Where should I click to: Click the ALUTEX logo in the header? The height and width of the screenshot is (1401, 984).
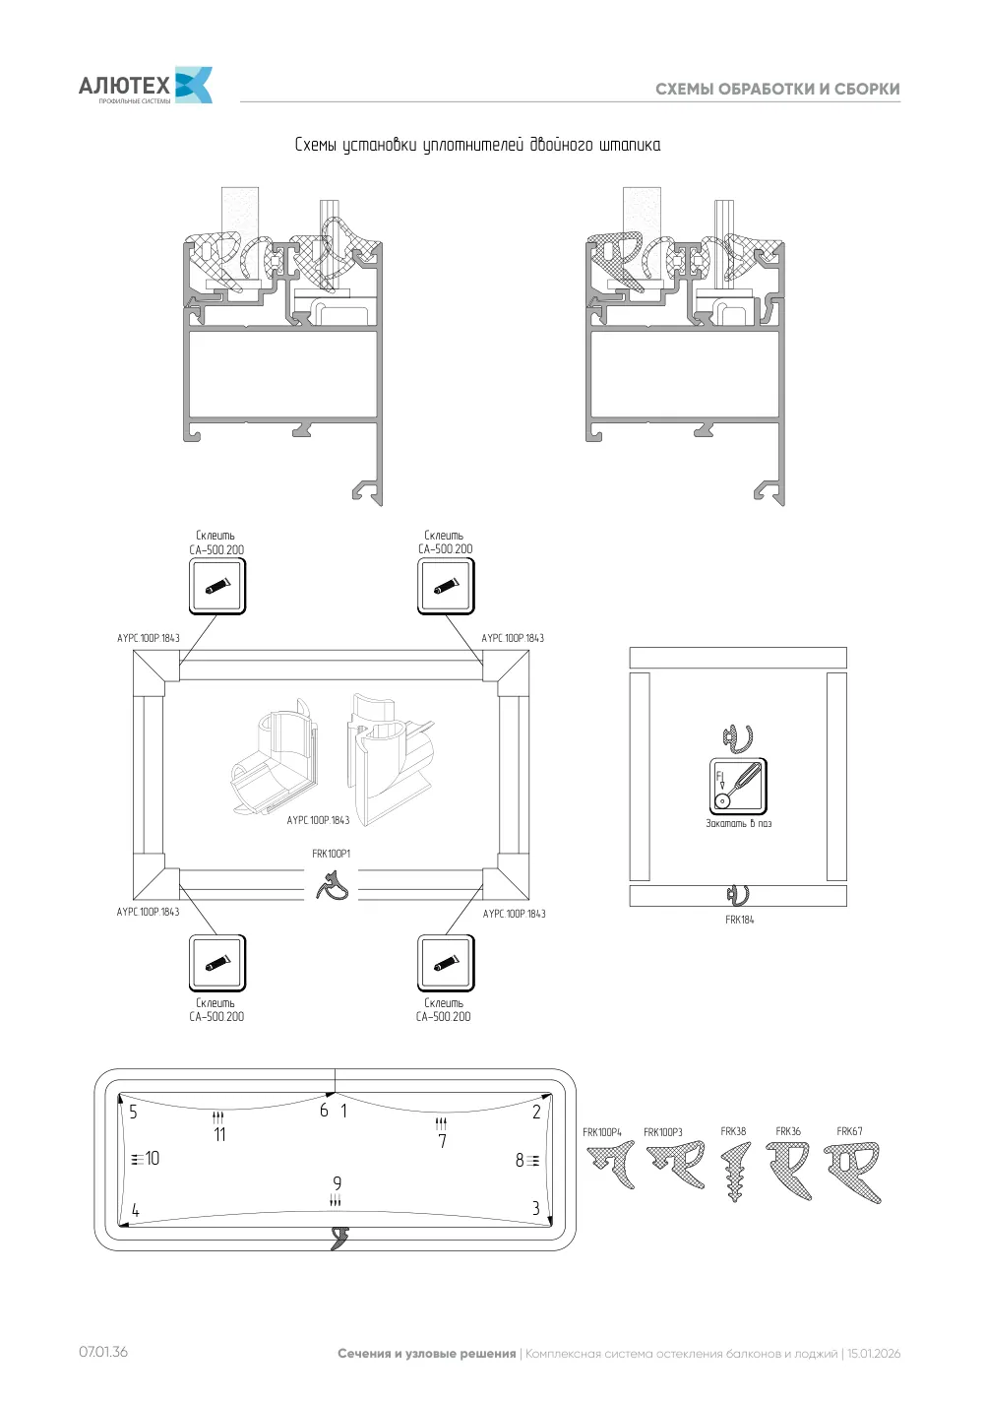[x=145, y=85]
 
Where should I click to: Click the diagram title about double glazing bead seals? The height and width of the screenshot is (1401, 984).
[x=477, y=145]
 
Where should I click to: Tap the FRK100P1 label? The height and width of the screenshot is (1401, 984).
[x=332, y=854]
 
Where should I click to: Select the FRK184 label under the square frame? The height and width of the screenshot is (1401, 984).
[x=740, y=920]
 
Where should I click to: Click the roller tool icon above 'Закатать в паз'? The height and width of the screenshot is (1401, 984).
[x=738, y=787]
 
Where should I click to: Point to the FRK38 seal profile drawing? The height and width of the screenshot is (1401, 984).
[x=735, y=1172]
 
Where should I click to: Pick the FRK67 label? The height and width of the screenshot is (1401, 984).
[x=849, y=1131]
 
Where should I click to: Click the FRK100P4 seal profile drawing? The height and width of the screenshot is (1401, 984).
[x=610, y=1165]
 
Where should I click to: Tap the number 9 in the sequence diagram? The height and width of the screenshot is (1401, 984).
[x=337, y=1183]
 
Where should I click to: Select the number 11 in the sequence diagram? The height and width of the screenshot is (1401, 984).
[x=219, y=1134]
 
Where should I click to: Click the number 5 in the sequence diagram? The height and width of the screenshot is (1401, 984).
[x=133, y=1113]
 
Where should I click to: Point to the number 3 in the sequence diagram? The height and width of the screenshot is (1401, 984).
[x=535, y=1208]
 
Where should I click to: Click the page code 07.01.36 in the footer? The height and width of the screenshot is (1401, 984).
[x=103, y=1352]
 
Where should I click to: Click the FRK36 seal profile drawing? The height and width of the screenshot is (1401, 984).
[x=789, y=1171]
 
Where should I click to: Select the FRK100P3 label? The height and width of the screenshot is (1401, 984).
[x=662, y=1132]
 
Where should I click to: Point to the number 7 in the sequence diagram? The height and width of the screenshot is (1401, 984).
[x=442, y=1141]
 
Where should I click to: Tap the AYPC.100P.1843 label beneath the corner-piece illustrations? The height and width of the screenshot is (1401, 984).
[x=318, y=820]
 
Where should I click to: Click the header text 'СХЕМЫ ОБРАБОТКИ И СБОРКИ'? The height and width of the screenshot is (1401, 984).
[x=777, y=89]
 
